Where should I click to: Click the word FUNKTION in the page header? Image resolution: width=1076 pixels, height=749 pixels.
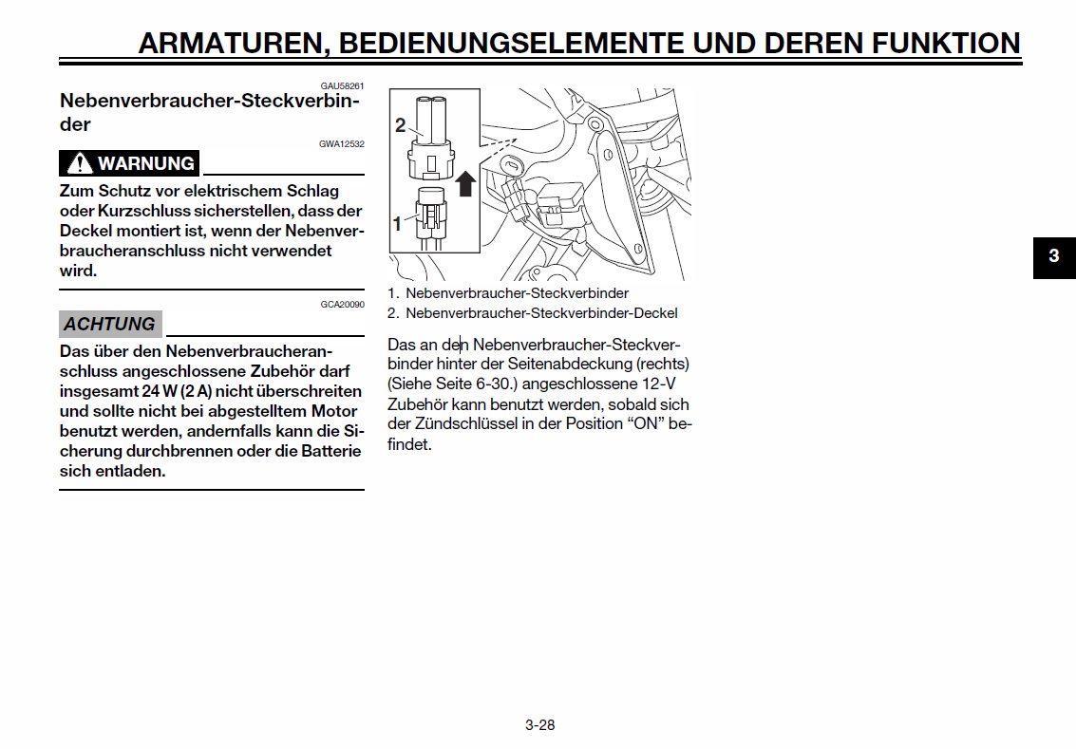click(x=946, y=44)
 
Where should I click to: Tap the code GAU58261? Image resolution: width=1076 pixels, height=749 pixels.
click(x=342, y=85)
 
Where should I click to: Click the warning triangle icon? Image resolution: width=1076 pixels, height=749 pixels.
click(x=80, y=163)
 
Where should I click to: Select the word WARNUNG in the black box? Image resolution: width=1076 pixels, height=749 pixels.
click(x=146, y=163)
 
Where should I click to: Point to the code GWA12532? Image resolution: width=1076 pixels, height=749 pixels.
click(x=342, y=144)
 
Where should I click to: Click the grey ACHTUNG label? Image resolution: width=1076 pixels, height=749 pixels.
click(x=110, y=324)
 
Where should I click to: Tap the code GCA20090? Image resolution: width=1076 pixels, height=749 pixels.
click(x=343, y=304)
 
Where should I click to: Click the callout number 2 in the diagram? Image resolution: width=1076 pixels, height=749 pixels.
click(x=400, y=125)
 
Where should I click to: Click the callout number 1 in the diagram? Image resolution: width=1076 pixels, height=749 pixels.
click(x=397, y=224)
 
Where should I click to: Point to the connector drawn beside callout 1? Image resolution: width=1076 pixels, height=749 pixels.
click(x=430, y=218)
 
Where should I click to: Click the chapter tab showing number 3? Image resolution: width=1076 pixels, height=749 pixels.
click(x=1054, y=257)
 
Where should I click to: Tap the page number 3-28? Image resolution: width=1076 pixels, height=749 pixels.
click(x=540, y=725)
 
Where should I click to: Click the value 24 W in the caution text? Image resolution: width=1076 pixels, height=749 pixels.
click(x=160, y=392)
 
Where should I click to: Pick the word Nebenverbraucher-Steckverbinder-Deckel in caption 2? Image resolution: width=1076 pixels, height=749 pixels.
click(x=541, y=313)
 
